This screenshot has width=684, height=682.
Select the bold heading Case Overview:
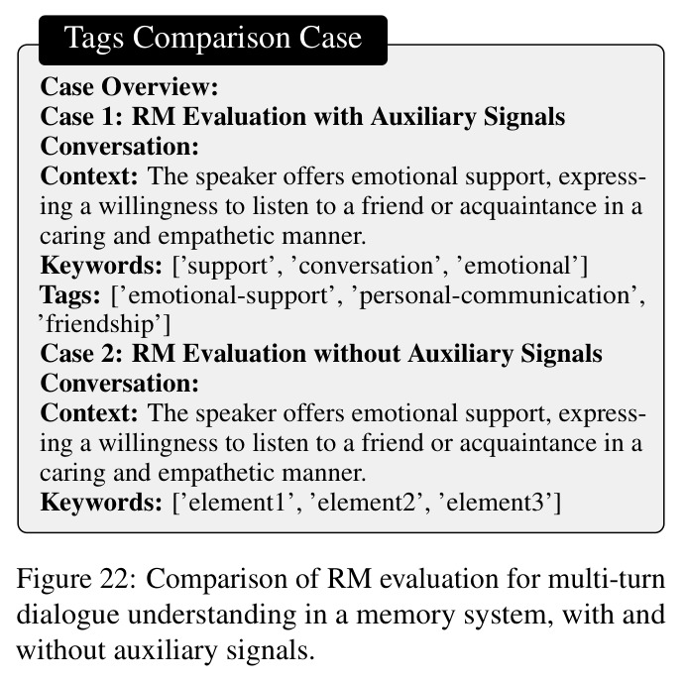(129, 86)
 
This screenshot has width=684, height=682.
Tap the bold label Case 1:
(81, 117)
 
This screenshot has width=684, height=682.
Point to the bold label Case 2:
(81, 353)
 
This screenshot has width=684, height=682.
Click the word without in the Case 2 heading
(357, 353)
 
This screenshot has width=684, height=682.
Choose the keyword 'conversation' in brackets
(366, 266)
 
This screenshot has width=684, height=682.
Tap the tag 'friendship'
(101, 325)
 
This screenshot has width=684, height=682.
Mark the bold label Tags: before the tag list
(69, 295)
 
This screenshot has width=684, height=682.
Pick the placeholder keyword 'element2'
(366, 503)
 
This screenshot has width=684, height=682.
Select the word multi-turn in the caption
(607, 580)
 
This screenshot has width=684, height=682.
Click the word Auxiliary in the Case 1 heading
(423, 117)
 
